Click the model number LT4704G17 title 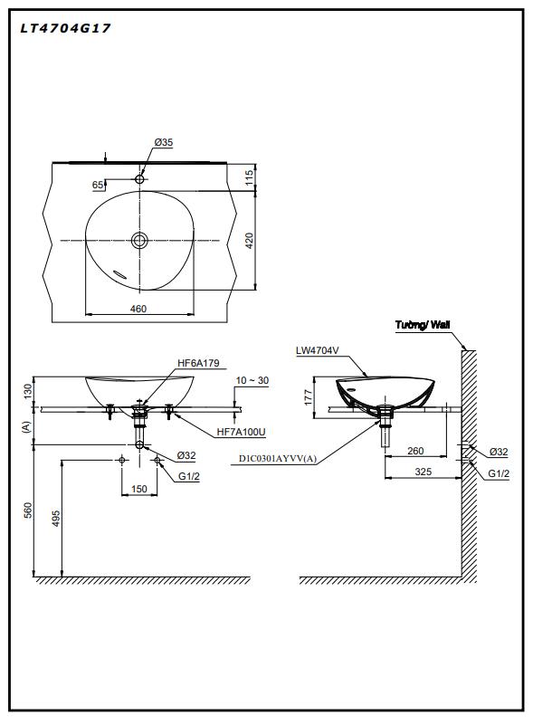pyautogui.click(x=65, y=29)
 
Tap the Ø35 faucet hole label pyautogui.click(x=164, y=142)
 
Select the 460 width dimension pyautogui.click(x=138, y=309)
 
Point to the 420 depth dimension pyautogui.click(x=249, y=241)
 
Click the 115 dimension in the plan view pyautogui.click(x=249, y=178)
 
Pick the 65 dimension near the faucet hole pyautogui.click(x=98, y=185)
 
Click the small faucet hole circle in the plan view pyautogui.click(x=139, y=179)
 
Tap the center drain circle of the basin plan pyautogui.click(x=139, y=240)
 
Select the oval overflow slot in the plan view pyautogui.click(x=119, y=274)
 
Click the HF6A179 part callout pyautogui.click(x=198, y=363)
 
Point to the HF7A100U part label pyautogui.click(x=242, y=432)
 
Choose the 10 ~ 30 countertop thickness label pyautogui.click(x=252, y=380)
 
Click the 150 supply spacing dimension pyautogui.click(x=139, y=489)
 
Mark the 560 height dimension pyautogui.click(x=28, y=510)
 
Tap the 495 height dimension pyautogui.click(x=55, y=519)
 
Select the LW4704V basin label pyautogui.click(x=317, y=350)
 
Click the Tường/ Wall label pyautogui.click(x=423, y=325)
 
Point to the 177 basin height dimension pyautogui.click(x=309, y=397)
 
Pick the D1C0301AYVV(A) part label pyautogui.click(x=278, y=459)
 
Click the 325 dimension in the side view pyautogui.click(x=423, y=472)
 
